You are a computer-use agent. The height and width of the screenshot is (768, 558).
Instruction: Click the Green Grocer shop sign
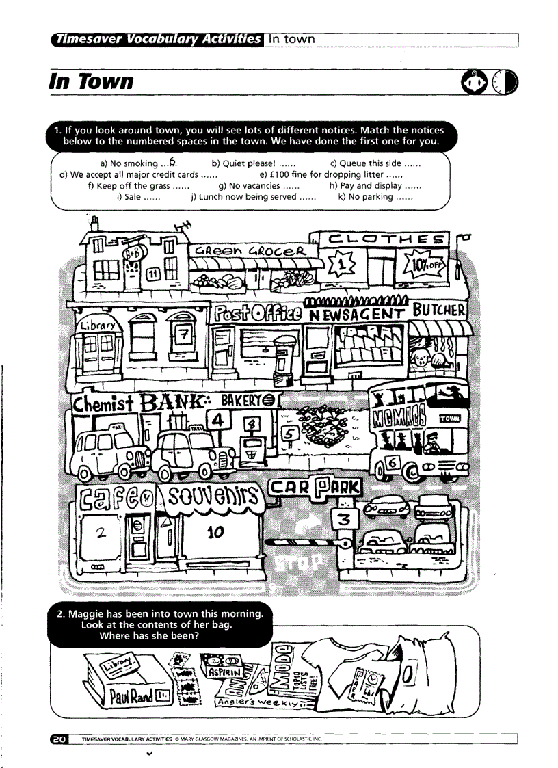coord(249,250)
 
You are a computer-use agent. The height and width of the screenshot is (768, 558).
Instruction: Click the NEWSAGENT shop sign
coord(358,315)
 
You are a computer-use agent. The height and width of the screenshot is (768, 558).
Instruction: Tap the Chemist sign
coord(104,402)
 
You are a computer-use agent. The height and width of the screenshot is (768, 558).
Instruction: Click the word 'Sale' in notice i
coord(133,197)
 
